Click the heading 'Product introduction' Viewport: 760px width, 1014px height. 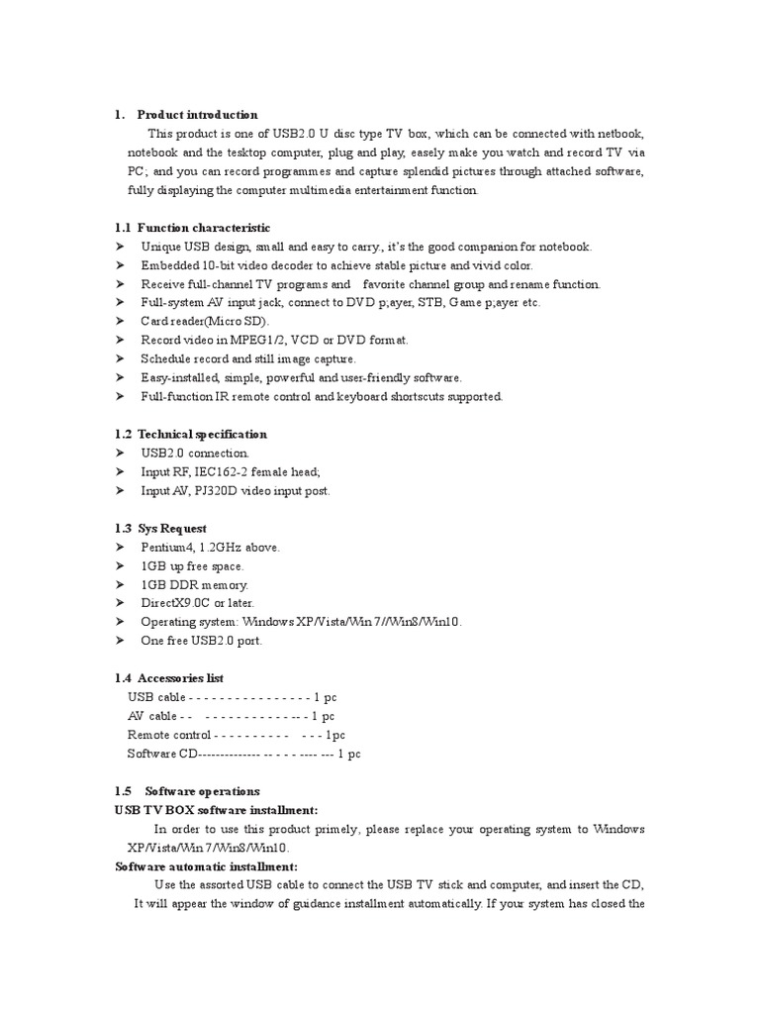(197, 115)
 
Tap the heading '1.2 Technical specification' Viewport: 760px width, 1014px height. (191, 434)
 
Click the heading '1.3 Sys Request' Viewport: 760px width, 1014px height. (161, 529)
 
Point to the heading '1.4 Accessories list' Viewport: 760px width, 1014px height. (169, 678)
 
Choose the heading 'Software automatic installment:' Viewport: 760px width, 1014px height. (199, 866)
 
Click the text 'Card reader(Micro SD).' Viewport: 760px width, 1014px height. (205, 322)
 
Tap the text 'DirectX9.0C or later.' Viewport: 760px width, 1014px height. (197, 603)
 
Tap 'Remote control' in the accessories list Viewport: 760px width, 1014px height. (168, 735)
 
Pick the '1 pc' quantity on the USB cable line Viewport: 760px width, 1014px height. (324, 697)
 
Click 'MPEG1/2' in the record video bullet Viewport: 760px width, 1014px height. (251, 341)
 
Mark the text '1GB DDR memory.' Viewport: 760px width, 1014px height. (194, 584)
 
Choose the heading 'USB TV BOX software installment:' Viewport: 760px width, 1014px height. (217, 810)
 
